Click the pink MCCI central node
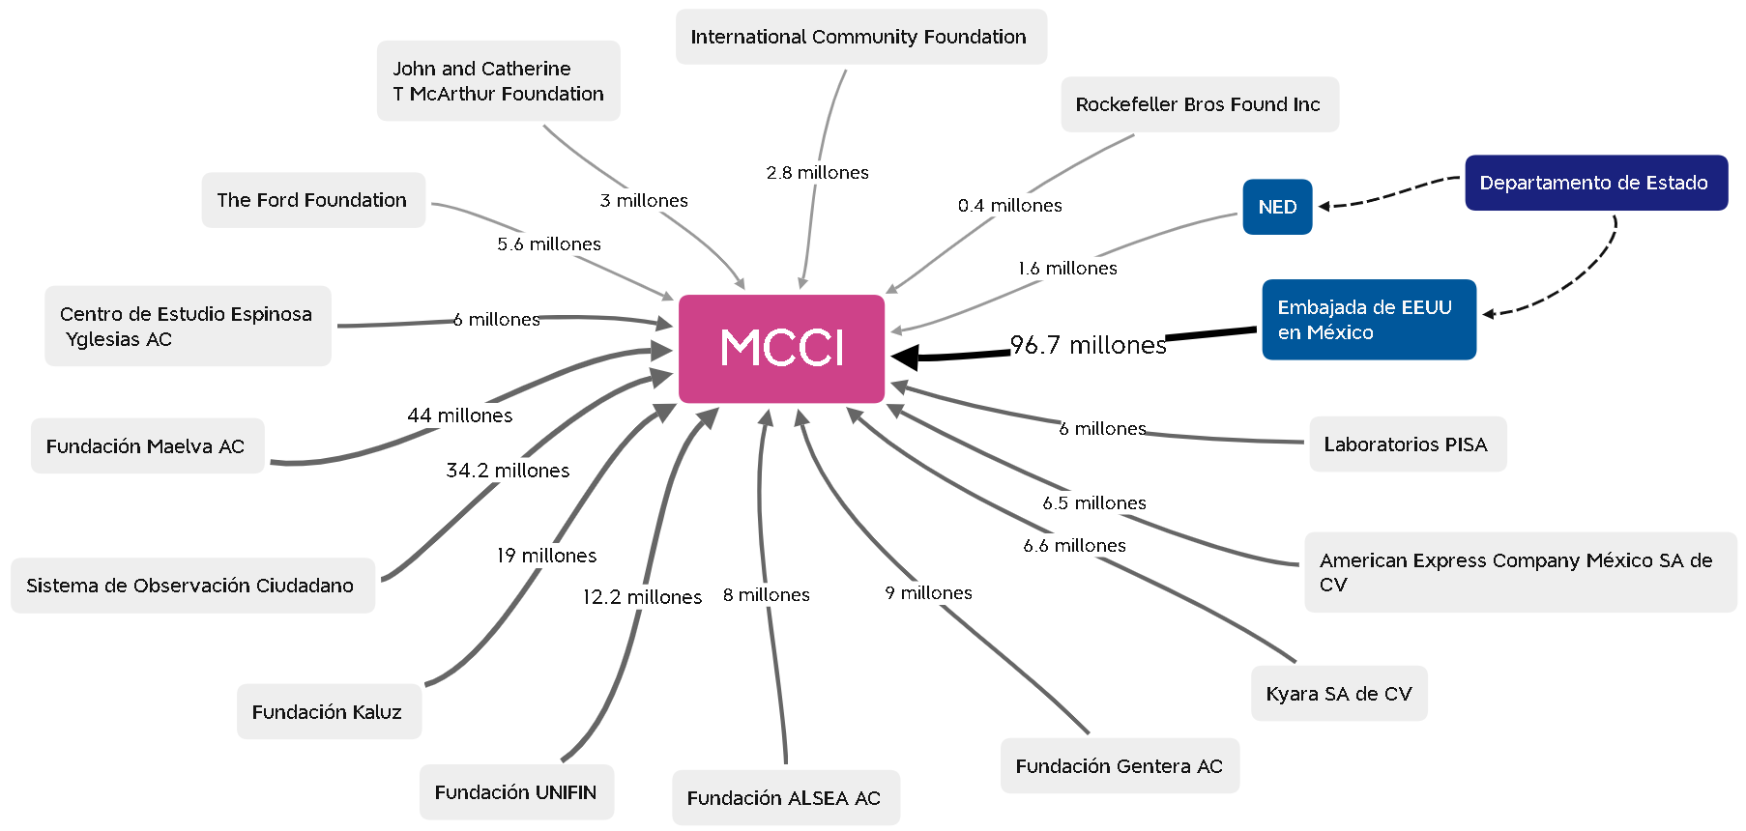tap(781, 348)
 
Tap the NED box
tap(1277, 207)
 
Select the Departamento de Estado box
tap(1595, 183)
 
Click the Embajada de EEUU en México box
tap(1368, 320)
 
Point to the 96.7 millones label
tap(1088, 345)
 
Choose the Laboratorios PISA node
tap(1407, 444)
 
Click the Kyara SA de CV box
tap(1338, 694)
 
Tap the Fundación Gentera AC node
tap(1119, 766)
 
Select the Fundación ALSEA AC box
tap(784, 798)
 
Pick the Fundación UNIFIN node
tap(516, 792)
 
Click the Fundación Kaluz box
tap(328, 712)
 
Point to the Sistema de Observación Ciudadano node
tap(191, 586)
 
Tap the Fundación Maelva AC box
tap(146, 446)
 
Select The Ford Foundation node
tap(312, 200)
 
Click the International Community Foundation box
tap(859, 37)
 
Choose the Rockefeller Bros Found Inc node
tap(1199, 104)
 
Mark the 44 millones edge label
tap(460, 415)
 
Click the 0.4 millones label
tap(1010, 206)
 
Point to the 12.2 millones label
tap(642, 597)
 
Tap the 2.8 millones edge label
tap(818, 173)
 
